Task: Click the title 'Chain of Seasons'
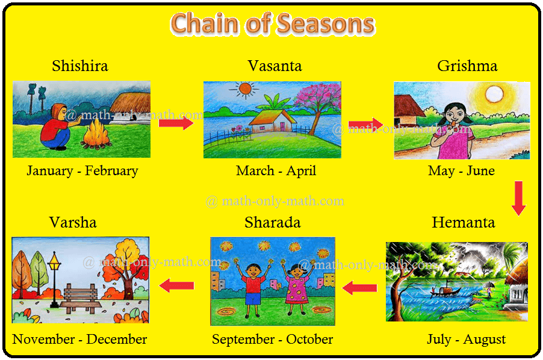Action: (273, 23)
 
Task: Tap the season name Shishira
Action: (80, 66)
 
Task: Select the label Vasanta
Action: (275, 66)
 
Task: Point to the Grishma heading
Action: (467, 66)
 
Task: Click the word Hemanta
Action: (464, 222)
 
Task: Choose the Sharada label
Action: (273, 222)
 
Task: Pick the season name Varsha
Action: (73, 222)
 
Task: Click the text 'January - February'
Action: (82, 170)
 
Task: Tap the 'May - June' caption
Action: (461, 170)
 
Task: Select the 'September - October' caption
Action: (273, 340)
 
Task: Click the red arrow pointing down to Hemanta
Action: (518, 198)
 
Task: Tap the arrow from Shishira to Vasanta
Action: (176, 123)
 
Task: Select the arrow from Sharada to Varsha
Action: (176, 285)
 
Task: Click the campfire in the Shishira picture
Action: (96, 134)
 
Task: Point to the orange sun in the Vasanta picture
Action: (245, 89)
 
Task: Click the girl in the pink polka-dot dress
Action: (297, 288)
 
